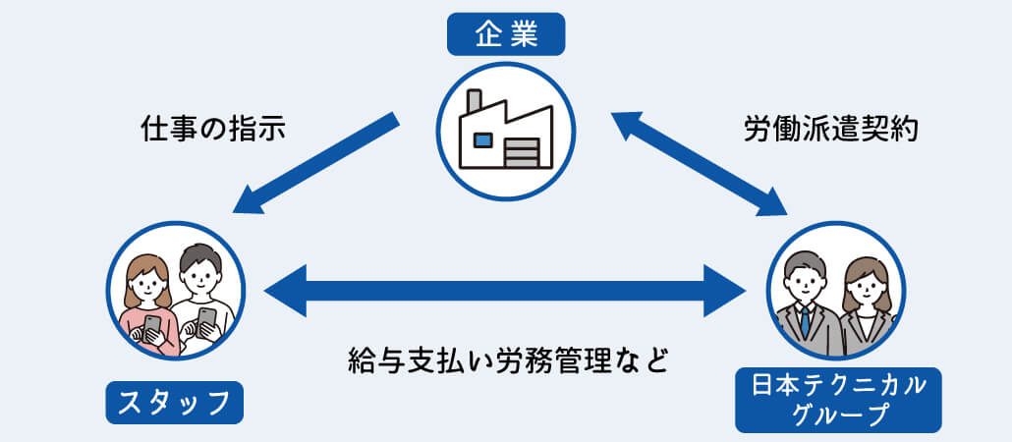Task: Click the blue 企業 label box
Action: (x=506, y=34)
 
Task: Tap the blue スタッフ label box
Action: (x=174, y=403)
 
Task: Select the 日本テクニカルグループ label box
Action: (x=838, y=400)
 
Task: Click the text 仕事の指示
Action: (x=212, y=130)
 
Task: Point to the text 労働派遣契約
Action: (x=831, y=130)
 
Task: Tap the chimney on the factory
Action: (x=475, y=102)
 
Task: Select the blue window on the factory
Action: (x=482, y=140)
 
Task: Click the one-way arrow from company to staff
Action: (x=315, y=163)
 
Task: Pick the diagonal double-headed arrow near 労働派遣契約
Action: (x=699, y=163)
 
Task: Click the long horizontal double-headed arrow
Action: (x=505, y=291)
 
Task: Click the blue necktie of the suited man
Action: (x=805, y=320)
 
